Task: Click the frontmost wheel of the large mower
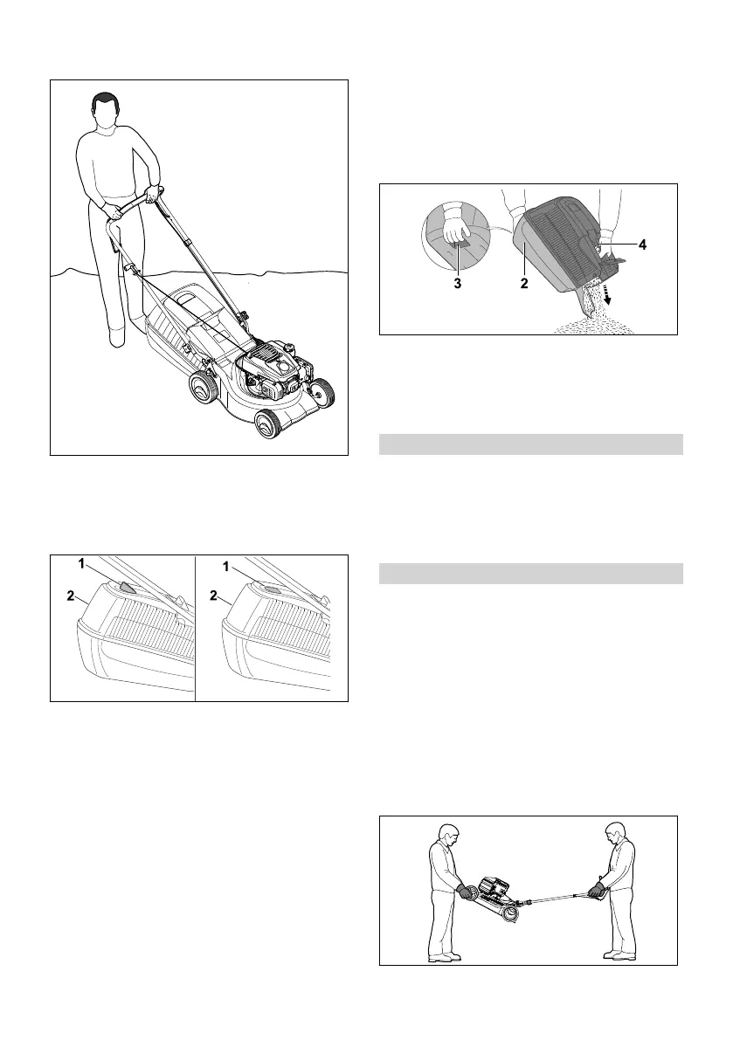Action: pos(266,424)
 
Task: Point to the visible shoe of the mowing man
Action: pos(115,336)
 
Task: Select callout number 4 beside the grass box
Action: pos(642,245)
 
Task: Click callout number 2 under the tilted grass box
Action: pos(526,284)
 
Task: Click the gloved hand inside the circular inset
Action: pos(455,231)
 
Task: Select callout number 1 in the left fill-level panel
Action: pos(82,564)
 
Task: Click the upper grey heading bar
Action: pos(531,444)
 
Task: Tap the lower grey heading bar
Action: pos(531,573)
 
